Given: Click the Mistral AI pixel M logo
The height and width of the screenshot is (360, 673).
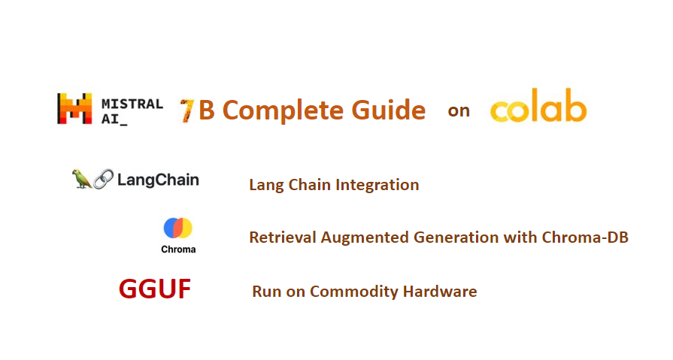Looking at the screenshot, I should click(74, 109).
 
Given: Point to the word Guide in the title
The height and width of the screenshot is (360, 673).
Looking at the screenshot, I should click(388, 110).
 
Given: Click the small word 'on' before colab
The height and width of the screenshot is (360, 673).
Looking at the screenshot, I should click(459, 111).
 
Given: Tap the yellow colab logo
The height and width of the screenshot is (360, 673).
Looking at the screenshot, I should click(538, 110).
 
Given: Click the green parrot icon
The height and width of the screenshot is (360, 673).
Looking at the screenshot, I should click(81, 179).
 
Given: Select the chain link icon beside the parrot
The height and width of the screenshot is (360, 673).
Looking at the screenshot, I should click(104, 180).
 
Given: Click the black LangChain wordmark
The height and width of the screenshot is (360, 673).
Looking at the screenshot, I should click(158, 180).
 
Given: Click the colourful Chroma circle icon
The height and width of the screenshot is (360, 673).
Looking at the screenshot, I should click(178, 228).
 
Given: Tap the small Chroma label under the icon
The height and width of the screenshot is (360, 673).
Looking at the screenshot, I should click(178, 249).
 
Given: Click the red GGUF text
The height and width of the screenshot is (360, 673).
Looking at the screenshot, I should click(155, 289).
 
